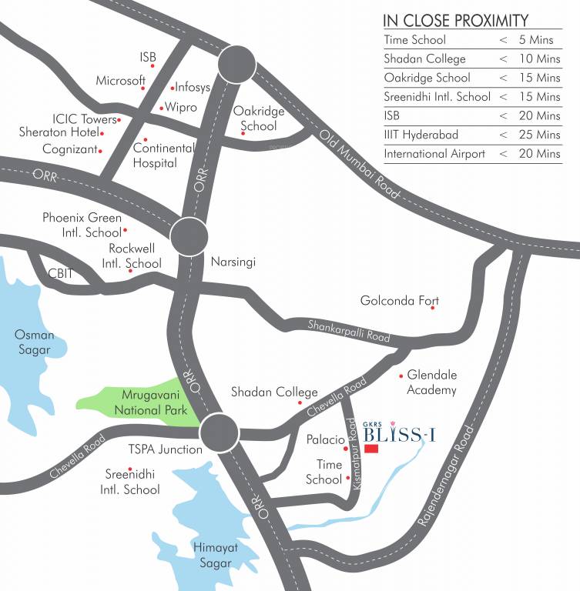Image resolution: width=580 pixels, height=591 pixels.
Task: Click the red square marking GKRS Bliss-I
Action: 371,449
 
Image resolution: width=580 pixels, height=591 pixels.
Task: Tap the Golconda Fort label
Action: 400,300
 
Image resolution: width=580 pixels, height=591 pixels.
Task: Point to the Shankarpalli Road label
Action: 348,331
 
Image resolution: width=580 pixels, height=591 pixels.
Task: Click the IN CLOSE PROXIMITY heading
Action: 456,20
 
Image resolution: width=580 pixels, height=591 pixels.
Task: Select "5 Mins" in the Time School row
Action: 537,40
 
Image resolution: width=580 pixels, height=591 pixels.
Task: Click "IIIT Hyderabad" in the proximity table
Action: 421,135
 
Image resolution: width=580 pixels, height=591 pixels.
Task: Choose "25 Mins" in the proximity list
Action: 538,135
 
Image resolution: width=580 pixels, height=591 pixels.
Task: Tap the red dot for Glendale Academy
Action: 401,376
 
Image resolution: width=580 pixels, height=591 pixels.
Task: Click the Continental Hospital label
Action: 155,155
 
